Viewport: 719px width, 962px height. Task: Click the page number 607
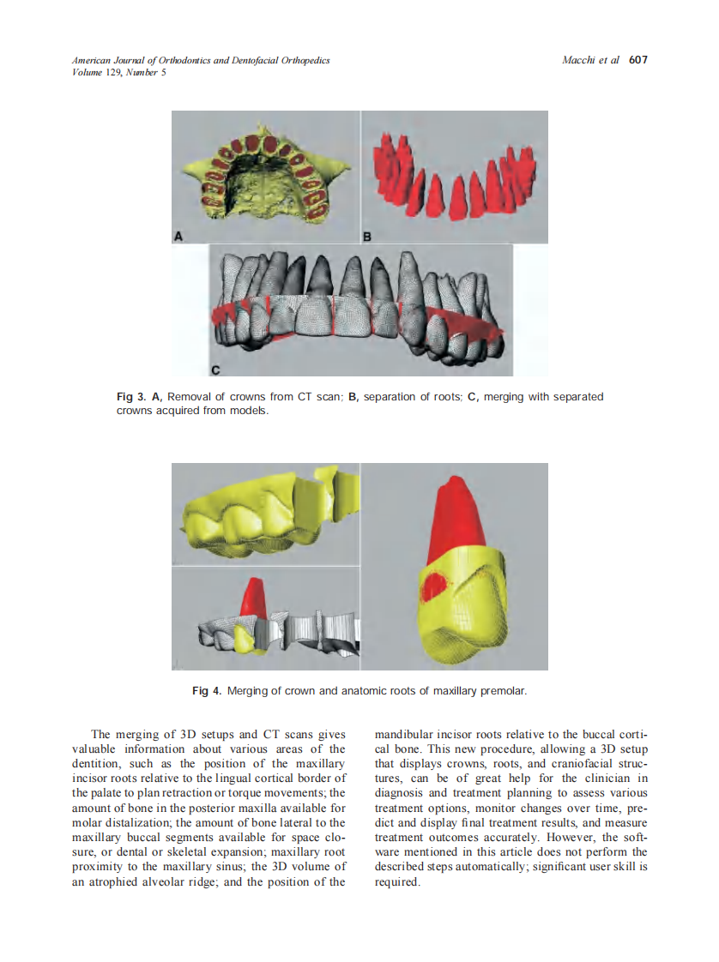pos(637,61)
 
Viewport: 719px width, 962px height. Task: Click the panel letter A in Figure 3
pos(178,235)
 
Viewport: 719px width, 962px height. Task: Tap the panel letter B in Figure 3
pos(366,236)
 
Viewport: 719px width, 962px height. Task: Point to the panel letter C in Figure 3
pos(215,370)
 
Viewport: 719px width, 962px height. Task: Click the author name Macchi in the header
pos(580,61)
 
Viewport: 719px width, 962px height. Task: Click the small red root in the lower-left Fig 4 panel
pos(251,596)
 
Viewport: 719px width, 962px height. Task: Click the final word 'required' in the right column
pos(396,881)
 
